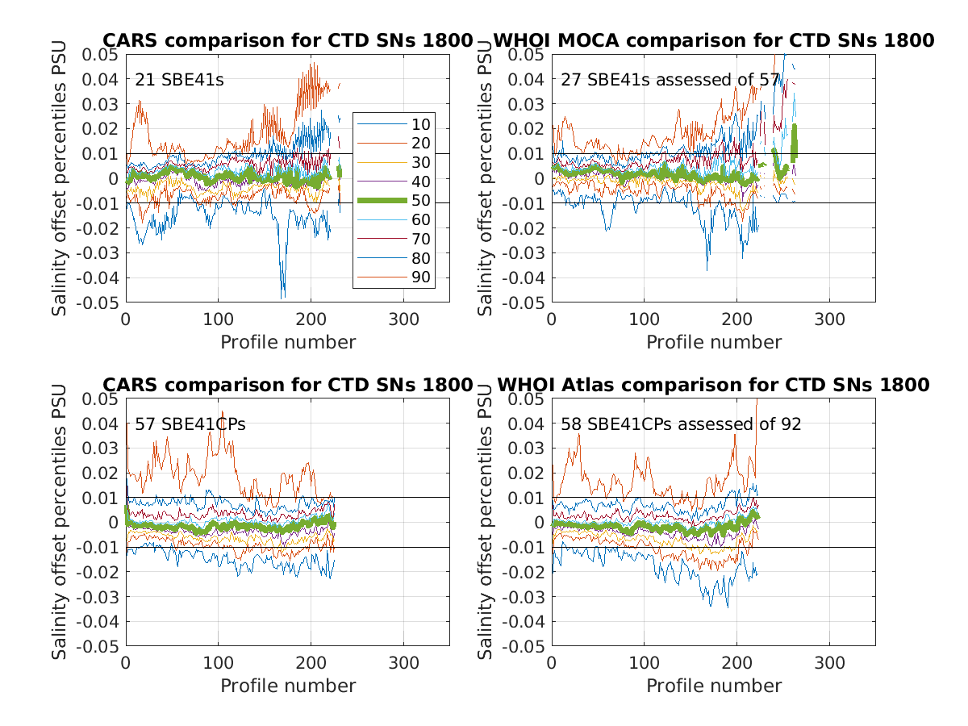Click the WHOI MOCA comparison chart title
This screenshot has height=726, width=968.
(713, 40)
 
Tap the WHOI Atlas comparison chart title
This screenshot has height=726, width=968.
(713, 385)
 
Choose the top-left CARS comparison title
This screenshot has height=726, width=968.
(287, 40)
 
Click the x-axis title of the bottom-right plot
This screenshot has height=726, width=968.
(714, 686)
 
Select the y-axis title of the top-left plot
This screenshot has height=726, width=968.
(60, 178)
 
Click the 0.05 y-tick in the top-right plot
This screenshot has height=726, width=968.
(528, 55)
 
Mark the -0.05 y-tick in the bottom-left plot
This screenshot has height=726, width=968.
(99, 647)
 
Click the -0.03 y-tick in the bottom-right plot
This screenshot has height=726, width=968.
(525, 597)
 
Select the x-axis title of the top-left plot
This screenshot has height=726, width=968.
(288, 342)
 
